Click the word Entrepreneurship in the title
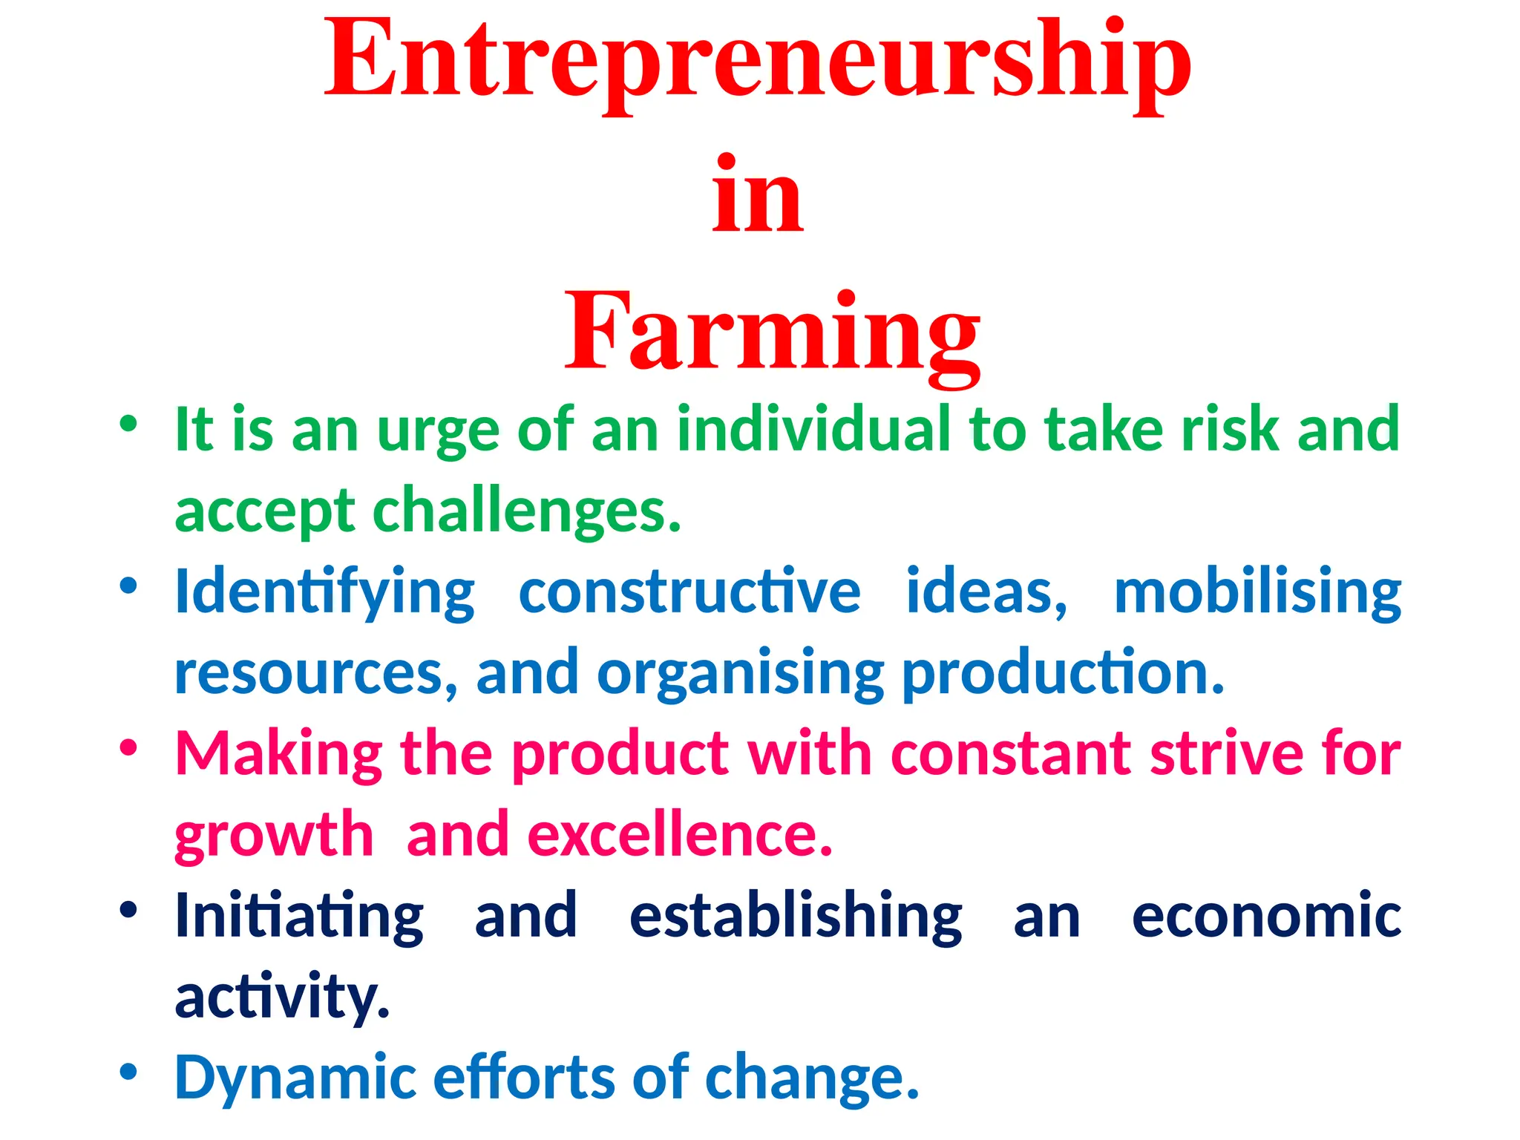757,63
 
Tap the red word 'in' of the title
757,197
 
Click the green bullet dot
129,424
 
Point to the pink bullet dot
129,747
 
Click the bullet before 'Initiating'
129,909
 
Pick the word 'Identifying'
324,592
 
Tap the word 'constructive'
689,592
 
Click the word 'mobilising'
1257,592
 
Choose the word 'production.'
1063,672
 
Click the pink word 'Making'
279,754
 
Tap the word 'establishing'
796,916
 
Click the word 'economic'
1266,916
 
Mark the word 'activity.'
282,996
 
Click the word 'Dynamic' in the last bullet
295,1078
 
